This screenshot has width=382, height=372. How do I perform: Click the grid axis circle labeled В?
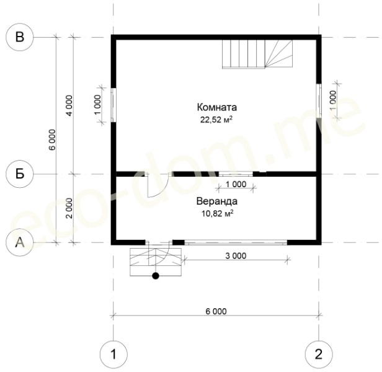[19, 37]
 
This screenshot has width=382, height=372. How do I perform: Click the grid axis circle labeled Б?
[19, 174]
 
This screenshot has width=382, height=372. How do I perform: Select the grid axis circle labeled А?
[19, 242]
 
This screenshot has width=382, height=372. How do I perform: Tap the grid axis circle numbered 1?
[113, 354]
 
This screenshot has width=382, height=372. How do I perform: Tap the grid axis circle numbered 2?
[319, 354]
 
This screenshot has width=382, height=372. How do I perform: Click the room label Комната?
[217, 107]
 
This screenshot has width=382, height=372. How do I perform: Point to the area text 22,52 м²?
[216, 120]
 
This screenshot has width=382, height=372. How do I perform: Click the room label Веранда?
[217, 201]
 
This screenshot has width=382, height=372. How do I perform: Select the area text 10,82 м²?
[217, 214]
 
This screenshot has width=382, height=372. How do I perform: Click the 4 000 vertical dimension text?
[69, 105]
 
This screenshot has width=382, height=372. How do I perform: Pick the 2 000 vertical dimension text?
[69, 208]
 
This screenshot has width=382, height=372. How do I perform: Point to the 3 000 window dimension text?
[236, 256]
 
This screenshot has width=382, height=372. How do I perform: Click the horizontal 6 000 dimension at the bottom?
[216, 311]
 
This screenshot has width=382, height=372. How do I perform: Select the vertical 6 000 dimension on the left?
[52, 139]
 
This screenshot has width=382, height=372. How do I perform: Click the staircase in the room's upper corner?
[257, 54]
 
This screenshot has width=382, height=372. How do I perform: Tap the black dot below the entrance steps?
[156, 276]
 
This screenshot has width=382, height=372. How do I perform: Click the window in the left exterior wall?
[113, 105]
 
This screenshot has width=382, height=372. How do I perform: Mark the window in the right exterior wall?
[319, 100]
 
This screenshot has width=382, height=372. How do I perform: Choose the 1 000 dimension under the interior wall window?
[236, 184]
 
